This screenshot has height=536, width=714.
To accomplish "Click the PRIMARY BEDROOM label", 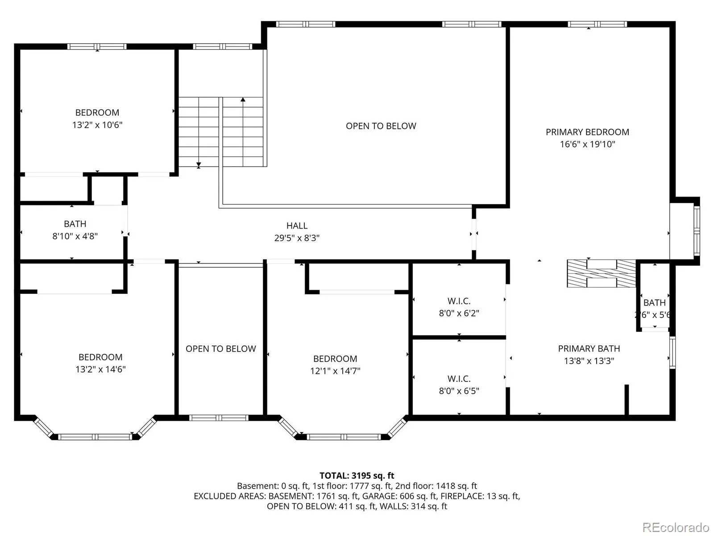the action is click(587, 132).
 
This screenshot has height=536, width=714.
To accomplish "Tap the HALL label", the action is click(297, 226).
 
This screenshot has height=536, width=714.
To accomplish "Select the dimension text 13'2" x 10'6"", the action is click(97, 125).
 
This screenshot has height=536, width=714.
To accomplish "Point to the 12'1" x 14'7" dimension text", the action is click(335, 371).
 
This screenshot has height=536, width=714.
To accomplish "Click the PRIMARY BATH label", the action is click(589, 348).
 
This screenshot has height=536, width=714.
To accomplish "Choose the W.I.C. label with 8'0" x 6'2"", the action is click(459, 301).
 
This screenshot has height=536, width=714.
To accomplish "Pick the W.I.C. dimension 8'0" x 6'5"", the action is click(459, 390).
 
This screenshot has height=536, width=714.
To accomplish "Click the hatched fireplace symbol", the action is click(601, 273).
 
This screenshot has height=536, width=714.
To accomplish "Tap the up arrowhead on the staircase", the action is click(243, 100).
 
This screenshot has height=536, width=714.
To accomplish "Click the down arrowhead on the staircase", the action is click(199, 165).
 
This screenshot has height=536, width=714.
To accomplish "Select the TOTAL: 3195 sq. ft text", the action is click(357, 475).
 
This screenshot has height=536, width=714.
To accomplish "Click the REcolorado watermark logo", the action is click(676, 527).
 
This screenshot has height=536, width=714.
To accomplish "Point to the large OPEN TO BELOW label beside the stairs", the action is click(381, 126).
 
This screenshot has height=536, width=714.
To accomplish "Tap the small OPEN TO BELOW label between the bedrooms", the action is click(220, 348).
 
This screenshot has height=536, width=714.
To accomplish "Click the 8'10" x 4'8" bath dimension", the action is click(75, 236).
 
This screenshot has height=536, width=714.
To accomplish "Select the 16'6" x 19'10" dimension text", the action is click(587, 144).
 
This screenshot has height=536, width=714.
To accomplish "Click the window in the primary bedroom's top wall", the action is click(597, 24).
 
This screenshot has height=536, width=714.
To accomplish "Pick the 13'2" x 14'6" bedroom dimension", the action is click(100, 369).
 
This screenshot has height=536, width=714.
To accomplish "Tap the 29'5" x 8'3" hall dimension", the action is click(297, 238).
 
